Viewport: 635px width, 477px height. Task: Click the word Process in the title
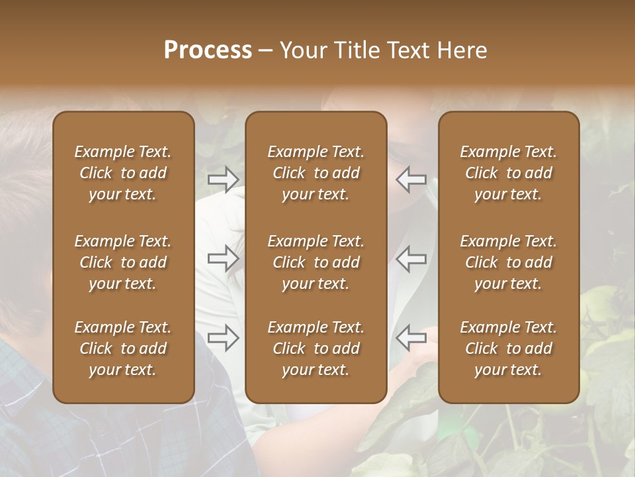point(208,50)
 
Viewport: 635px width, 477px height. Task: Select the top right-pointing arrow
point(223,179)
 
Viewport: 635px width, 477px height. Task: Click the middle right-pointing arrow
point(223,258)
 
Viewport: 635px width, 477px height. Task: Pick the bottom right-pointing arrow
point(223,338)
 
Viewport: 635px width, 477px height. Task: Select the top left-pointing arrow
point(411,179)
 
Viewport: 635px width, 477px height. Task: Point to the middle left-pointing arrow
point(411,258)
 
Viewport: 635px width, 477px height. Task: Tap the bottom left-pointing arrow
point(411,338)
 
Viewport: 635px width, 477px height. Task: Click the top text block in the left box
point(123,173)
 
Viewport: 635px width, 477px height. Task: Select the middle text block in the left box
point(123,262)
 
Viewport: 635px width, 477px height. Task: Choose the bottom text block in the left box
point(123,348)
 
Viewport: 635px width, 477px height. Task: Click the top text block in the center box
point(316,173)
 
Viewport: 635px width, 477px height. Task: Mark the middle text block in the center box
point(316,262)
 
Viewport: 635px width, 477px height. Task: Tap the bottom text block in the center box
point(316,348)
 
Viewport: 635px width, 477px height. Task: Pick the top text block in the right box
point(509,173)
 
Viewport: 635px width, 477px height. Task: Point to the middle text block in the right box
point(509,262)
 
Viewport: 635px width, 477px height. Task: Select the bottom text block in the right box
point(509,348)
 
